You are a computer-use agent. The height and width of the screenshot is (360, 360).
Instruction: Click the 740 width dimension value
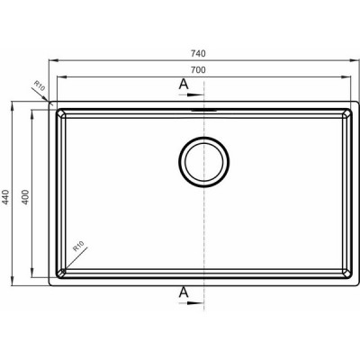pyautogui.click(x=198, y=53)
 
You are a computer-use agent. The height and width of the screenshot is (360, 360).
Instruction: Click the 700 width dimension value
pyautogui.click(x=198, y=70)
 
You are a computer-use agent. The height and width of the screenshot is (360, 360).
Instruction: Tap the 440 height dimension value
pyautogui.click(x=6, y=197)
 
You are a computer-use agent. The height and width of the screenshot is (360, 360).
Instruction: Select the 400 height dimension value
pyautogui.click(x=25, y=197)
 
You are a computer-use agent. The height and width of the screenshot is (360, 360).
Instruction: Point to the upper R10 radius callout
pyautogui.click(x=40, y=86)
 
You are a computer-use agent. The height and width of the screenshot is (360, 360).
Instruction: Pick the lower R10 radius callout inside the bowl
pyautogui.click(x=79, y=247)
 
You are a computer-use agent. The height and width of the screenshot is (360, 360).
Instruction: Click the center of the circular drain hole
pyautogui.click(x=204, y=162)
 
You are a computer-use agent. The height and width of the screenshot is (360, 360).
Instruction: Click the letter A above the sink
pyautogui.click(x=184, y=85)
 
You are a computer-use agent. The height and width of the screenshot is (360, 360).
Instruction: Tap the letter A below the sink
pyautogui.click(x=184, y=292)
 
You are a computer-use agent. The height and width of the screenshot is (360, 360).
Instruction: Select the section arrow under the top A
pyautogui.click(x=192, y=94)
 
